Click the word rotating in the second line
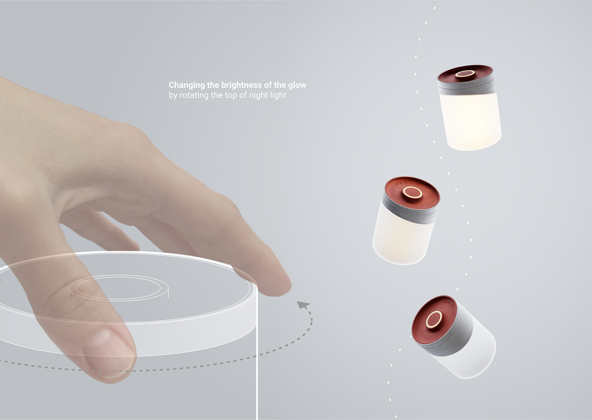[x=195, y=96]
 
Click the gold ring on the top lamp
[x=464, y=75]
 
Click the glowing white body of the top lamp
[x=469, y=121]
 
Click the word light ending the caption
[x=278, y=96]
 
